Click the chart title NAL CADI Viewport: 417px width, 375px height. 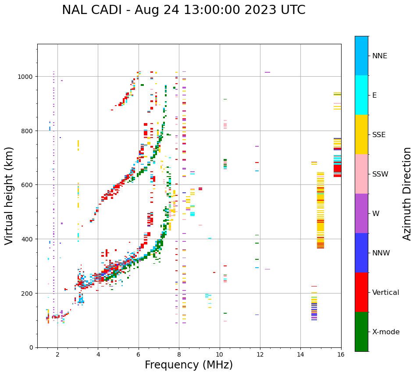point(183,10)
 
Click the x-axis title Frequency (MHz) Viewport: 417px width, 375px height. point(189,365)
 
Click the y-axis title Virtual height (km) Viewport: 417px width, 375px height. point(10,195)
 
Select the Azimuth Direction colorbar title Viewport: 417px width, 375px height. point(407,193)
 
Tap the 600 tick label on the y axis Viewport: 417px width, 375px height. point(28,185)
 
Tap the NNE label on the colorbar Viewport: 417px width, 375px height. point(380,56)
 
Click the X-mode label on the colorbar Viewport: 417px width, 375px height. point(386,332)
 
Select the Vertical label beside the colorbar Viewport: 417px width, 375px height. point(385,293)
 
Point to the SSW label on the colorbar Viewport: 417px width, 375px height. point(380,174)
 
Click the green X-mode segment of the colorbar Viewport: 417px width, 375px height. point(361,332)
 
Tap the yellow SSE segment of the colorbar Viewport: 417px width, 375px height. point(361,134)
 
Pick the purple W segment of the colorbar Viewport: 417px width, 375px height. point(361,213)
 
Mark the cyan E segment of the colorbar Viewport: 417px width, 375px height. point(361,95)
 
